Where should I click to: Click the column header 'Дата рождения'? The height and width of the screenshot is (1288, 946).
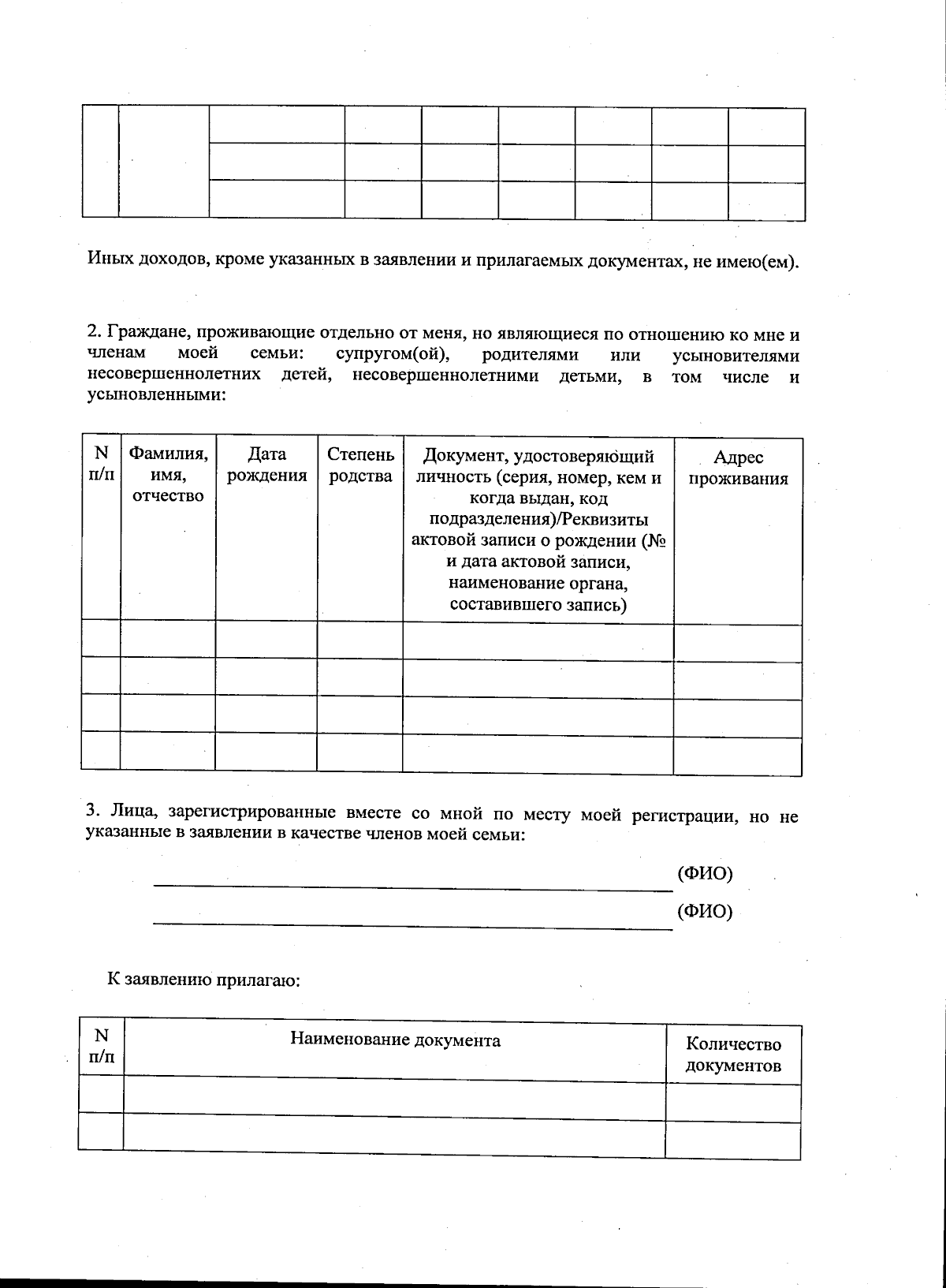(x=266, y=465)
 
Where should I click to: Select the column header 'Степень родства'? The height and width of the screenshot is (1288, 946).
(x=360, y=465)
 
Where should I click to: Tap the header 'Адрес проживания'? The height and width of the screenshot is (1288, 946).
(x=738, y=469)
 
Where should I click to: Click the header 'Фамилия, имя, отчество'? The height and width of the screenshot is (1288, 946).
(x=168, y=475)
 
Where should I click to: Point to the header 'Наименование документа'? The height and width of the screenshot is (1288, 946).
(x=395, y=1040)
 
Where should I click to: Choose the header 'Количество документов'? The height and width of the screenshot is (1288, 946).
(x=733, y=1055)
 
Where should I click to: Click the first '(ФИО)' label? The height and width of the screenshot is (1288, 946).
(x=705, y=873)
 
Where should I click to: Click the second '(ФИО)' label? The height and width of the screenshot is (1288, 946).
(x=705, y=912)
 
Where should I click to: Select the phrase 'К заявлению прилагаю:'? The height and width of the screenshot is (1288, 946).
(x=205, y=980)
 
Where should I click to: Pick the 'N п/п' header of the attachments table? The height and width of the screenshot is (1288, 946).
(x=102, y=1046)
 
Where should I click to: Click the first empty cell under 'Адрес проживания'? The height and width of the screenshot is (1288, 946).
(x=738, y=642)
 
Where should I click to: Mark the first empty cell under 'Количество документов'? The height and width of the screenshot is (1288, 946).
(x=733, y=1102)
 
